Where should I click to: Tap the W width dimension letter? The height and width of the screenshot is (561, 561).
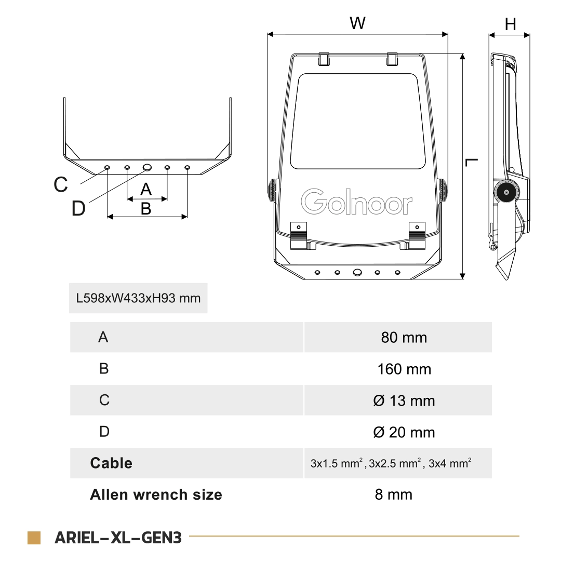point(357,23)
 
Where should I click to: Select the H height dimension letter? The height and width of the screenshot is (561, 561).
point(511,24)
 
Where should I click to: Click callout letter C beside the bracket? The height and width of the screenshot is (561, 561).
point(61,184)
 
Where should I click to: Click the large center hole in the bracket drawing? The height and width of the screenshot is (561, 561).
point(147,167)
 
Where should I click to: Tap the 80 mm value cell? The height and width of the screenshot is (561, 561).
point(404,338)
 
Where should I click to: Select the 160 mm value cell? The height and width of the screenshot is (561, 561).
point(404,369)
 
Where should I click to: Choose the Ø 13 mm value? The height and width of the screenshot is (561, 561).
point(404,401)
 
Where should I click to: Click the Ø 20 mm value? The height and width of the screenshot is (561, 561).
point(404,432)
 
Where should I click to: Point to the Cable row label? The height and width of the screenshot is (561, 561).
point(111,463)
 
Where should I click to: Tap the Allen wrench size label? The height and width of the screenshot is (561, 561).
point(156,495)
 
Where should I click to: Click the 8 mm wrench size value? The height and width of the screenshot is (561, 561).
point(393,495)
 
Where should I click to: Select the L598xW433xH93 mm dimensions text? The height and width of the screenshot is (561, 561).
point(138,299)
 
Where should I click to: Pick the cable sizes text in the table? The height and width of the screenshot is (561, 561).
point(391,463)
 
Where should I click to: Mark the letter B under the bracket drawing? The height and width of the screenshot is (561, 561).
point(146,209)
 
